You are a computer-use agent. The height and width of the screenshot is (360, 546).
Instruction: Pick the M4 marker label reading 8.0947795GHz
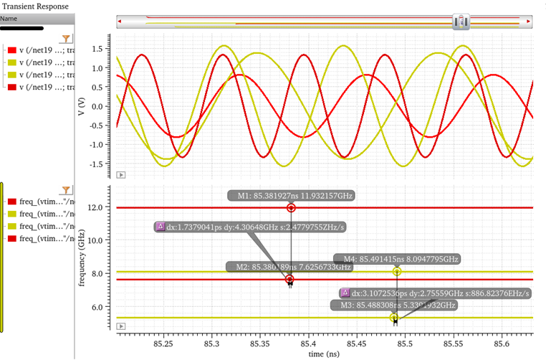click(397, 259)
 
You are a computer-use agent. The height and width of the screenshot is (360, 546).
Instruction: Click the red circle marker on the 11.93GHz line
click(292, 208)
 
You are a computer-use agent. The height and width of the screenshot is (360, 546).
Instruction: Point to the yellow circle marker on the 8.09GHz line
click(397, 272)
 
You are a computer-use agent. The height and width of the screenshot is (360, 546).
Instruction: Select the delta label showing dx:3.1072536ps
click(436, 293)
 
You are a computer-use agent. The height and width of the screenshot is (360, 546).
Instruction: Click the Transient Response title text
click(35, 6)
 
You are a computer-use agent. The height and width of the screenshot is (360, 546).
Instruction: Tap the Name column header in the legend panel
click(9, 19)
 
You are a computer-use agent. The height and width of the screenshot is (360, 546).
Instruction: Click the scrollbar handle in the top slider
click(461, 22)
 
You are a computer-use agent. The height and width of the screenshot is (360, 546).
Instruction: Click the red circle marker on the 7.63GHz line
click(289, 279)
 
